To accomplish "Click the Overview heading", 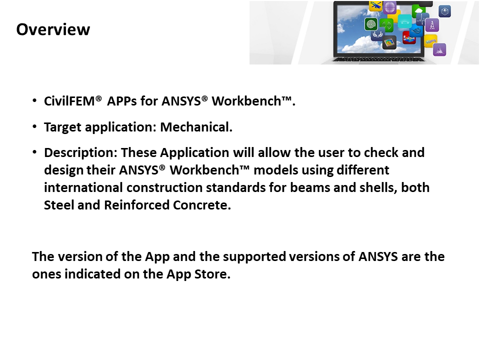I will coord(53,29).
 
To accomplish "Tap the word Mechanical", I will coord(196,127).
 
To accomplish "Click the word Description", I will coord(80,152).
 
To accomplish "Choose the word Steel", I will coord(59,205).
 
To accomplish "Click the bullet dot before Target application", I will coord(34,127).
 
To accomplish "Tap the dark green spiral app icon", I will coord(370,23).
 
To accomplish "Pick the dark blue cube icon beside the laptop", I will coord(444,10).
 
